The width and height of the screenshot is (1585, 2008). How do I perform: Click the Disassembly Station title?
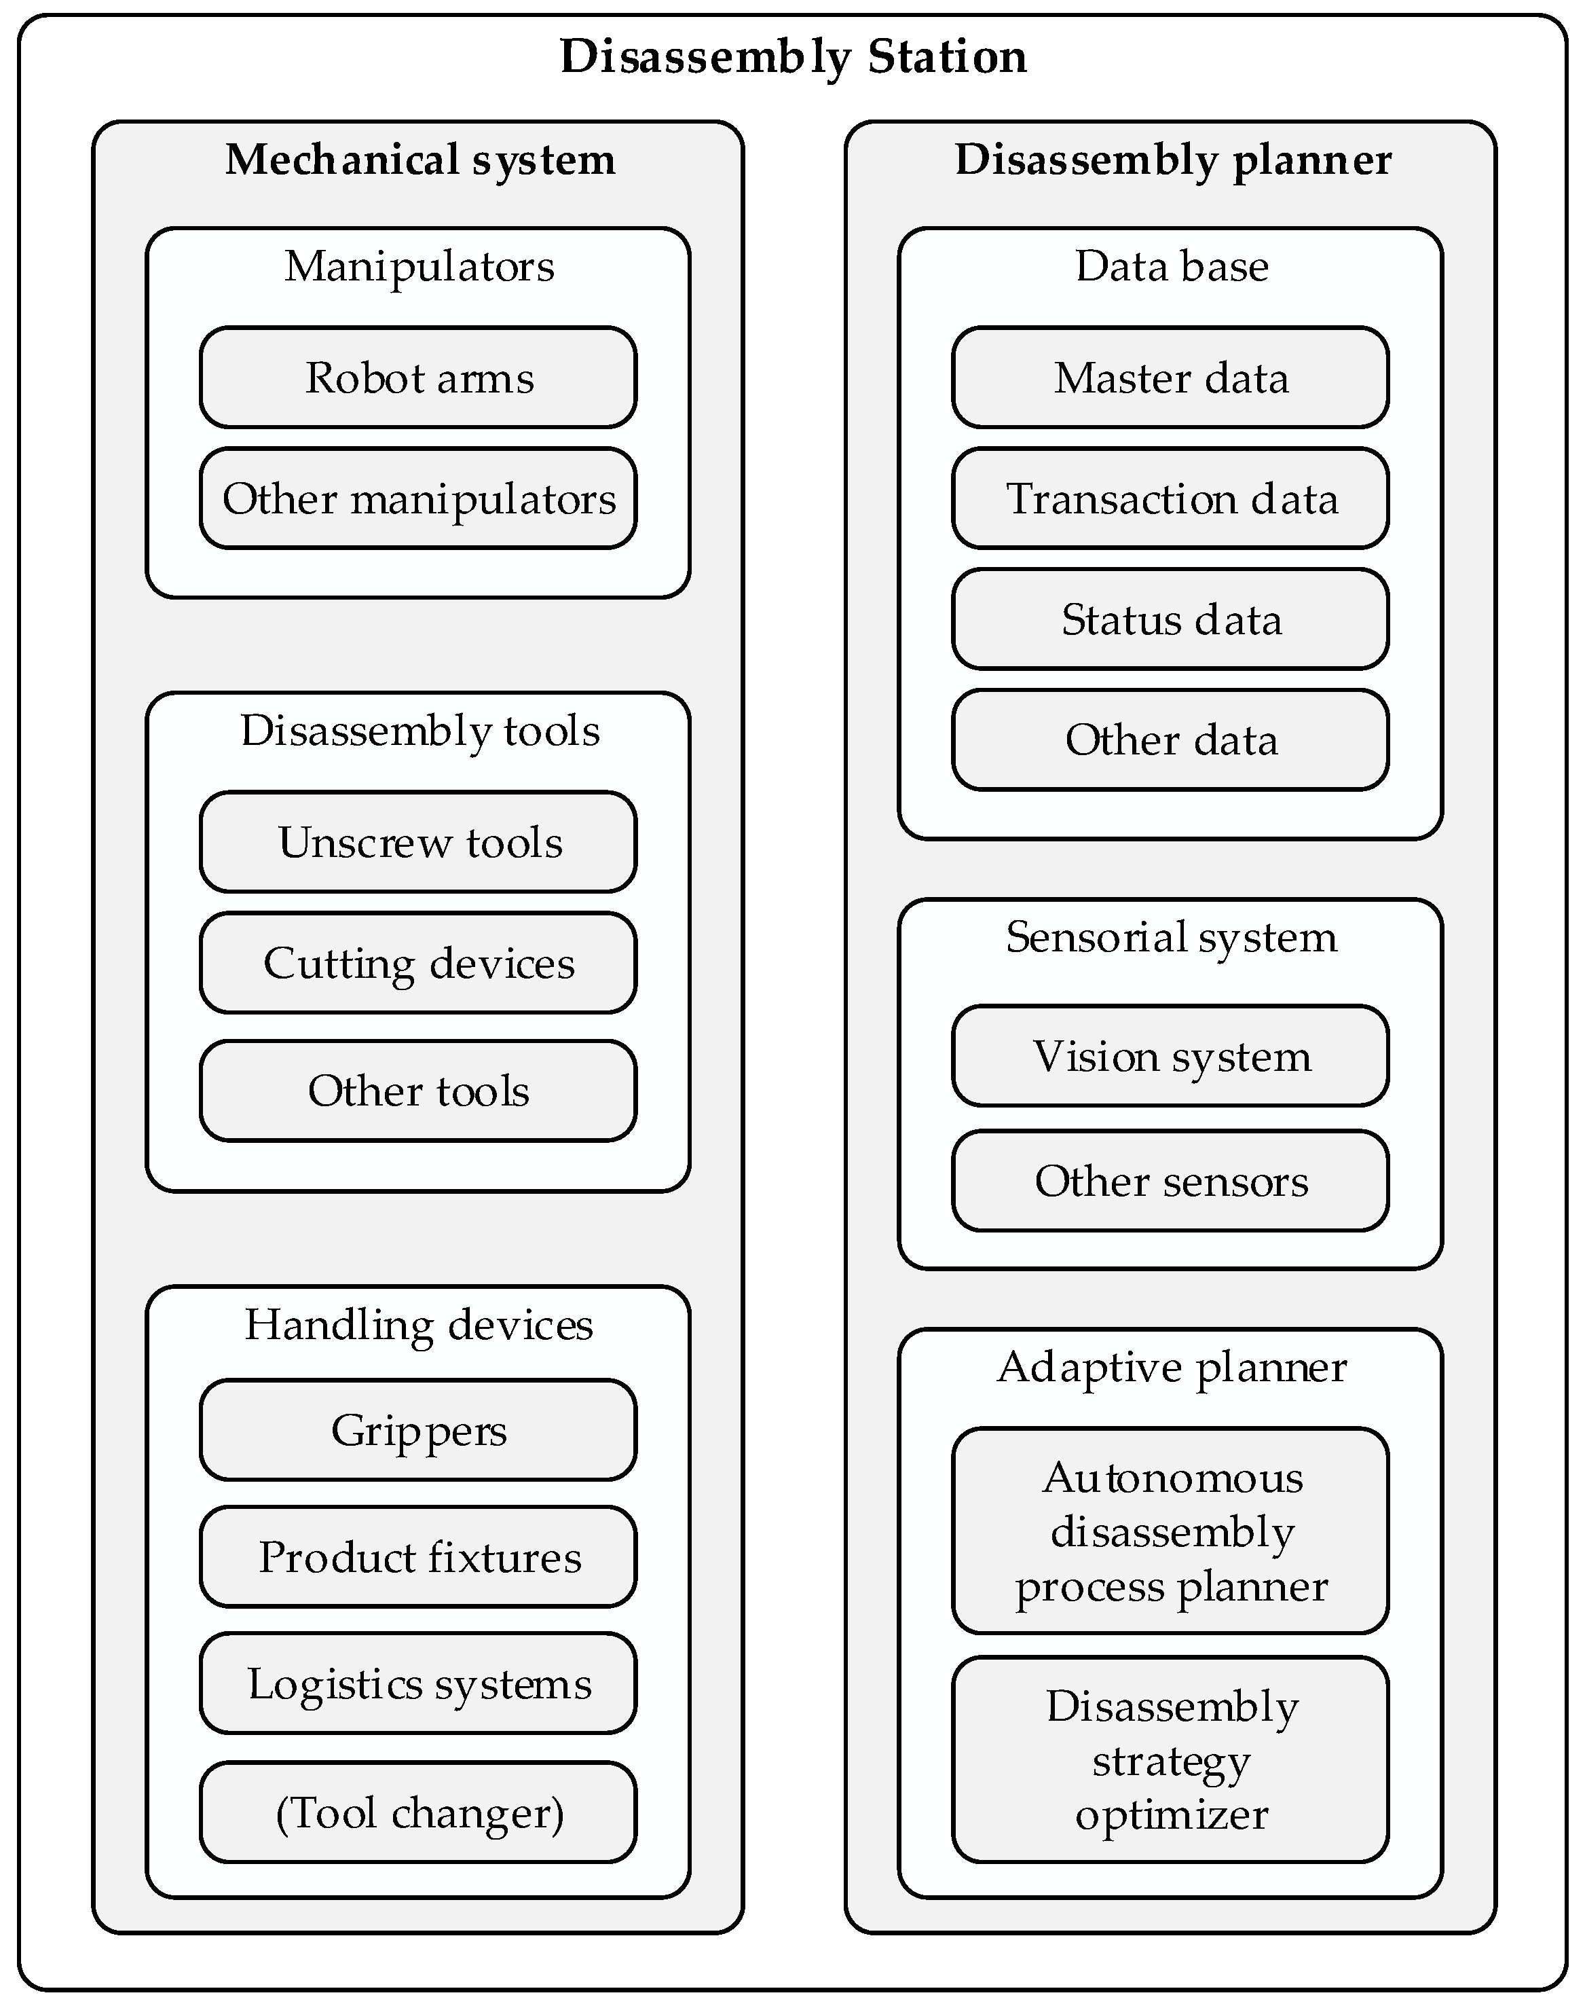tap(793, 58)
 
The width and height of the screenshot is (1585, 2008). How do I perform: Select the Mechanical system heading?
tap(419, 160)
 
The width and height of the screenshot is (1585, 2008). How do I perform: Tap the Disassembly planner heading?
tap(1172, 160)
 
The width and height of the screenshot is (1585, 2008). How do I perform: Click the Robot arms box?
tap(419, 378)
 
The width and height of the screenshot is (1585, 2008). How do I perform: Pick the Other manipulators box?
tap(419, 498)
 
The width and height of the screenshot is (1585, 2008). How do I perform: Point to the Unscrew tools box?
tap(419, 842)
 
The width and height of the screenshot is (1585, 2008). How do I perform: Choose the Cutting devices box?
tap(419, 963)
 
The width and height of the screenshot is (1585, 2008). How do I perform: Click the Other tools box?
tap(419, 1091)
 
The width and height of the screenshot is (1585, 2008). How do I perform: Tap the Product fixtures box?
tap(419, 1557)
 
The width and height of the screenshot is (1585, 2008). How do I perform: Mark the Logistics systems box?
tap(419, 1683)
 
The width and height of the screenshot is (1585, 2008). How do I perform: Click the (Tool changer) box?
tap(419, 1812)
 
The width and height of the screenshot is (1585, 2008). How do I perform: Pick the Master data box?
tap(1171, 378)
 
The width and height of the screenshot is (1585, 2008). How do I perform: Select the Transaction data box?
tap(1171, 498)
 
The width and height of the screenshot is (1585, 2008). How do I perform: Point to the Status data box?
tap(1171, 619)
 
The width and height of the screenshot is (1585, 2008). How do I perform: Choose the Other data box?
tap(1171, 740)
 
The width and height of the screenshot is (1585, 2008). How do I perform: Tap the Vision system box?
tap(1171, 1055)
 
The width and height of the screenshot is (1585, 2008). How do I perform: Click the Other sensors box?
tap(1171, 1181)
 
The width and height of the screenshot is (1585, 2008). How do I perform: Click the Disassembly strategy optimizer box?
tap(1171, 1759)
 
